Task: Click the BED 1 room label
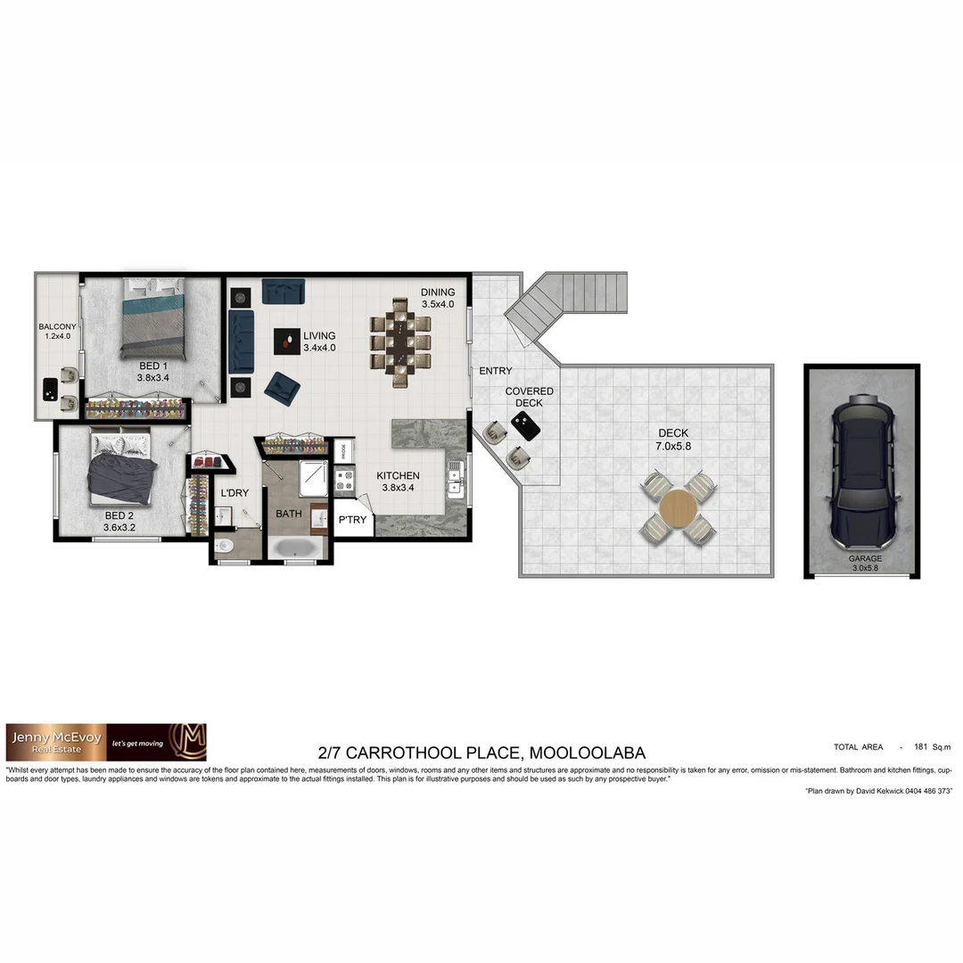152,366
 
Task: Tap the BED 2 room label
119,516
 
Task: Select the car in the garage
862,473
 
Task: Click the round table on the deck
678,508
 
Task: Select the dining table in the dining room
400,338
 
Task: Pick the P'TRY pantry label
352,520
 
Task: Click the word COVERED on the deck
529,391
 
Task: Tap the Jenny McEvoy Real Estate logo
106,742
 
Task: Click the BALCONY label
57,326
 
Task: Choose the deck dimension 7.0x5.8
674,445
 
